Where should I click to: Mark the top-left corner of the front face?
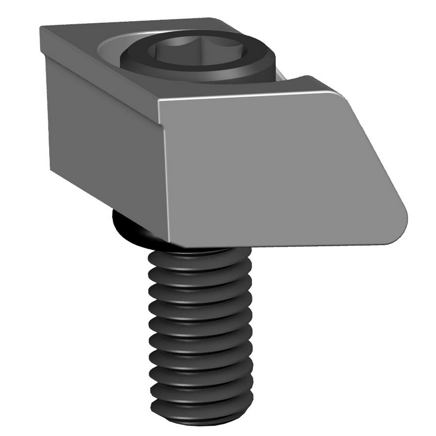[x=159, y=102]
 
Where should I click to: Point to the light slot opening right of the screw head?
[x=281, y=77]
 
